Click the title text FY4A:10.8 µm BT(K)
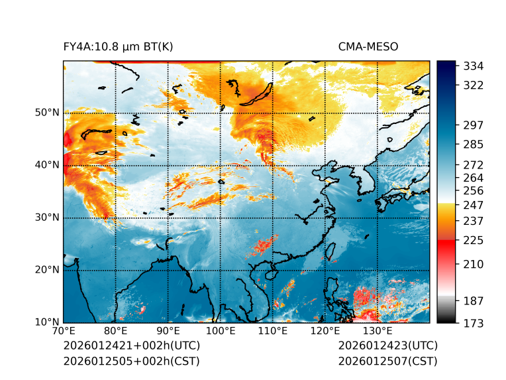118,47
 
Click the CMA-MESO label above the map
368,47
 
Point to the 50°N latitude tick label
47,113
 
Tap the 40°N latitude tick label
47,165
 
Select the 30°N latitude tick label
47,218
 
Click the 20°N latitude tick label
47,270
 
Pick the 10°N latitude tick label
47,322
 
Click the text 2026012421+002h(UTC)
131,346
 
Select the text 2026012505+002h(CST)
131,361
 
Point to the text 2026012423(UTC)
387,346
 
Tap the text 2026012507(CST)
387,361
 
